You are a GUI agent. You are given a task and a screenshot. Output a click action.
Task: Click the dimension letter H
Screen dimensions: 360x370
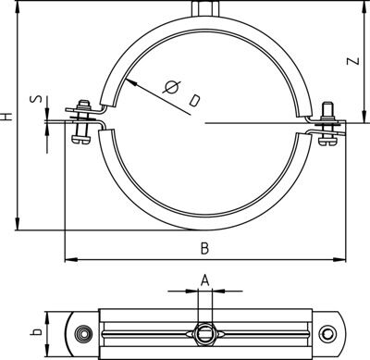click(x=8, y=118)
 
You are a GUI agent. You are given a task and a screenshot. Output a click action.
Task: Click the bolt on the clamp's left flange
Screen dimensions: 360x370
click(x=80, y=121)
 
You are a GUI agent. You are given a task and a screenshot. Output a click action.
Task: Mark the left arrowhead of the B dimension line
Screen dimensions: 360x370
click(x=67, y=258)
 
